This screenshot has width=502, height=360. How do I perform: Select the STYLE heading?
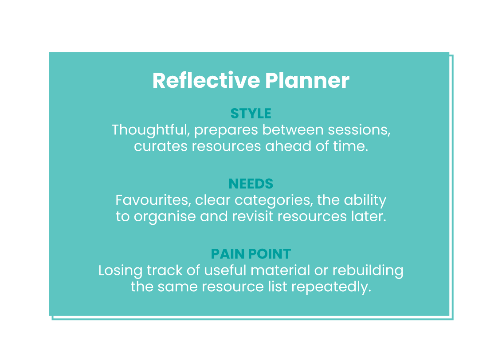pos(251,113)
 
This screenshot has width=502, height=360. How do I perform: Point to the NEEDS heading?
pos(251,184)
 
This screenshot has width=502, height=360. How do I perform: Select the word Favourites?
pos(153,201)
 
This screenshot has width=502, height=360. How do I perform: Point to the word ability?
pos(365,201)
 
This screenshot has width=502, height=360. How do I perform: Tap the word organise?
pos(165,217)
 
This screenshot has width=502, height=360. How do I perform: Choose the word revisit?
pos(253,216)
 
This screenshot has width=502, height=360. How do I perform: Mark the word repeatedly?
pos(331,287)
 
